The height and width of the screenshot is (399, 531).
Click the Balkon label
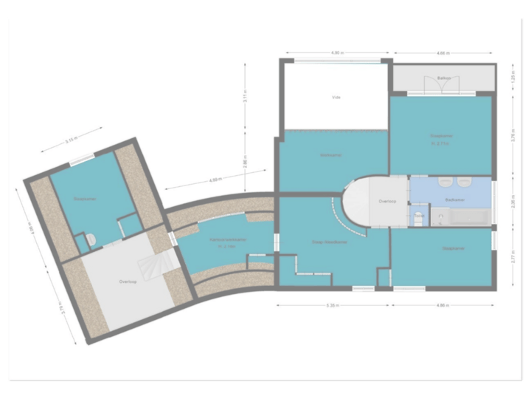(443, 77)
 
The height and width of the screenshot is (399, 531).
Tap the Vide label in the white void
(336, 97)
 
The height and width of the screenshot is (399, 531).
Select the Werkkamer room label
(330, 155)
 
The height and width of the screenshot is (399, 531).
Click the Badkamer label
(454, 199)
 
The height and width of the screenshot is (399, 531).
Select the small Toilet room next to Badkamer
(418, 216)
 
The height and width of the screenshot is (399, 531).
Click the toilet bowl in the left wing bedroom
(89, 239)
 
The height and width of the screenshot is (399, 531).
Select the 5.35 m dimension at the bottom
(331, 304)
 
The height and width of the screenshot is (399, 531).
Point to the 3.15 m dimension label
(71, 140)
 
